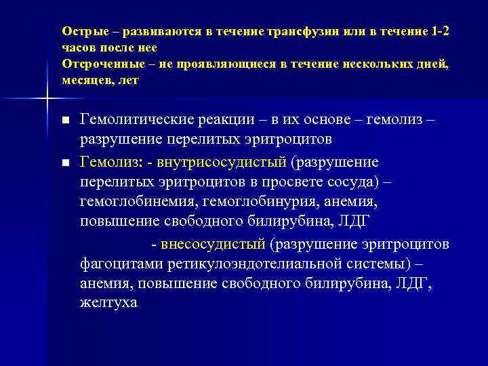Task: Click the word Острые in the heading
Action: pyautogui.click(x=81, y=32)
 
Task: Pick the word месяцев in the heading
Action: pyautogui.click(x=87, y=80)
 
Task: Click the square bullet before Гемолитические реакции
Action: pyautogui.click(x=65, y=121)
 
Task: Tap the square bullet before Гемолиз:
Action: pyautogui.click(x=65, y=163)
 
